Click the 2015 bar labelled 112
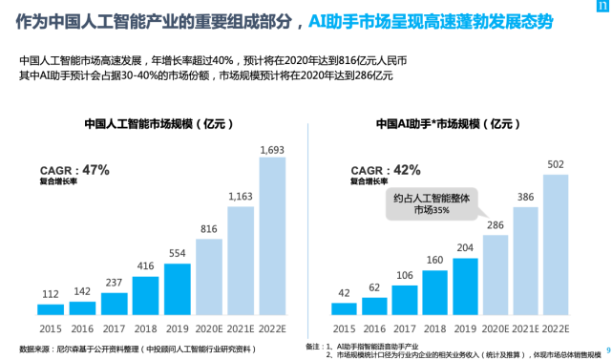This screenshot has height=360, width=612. coord(52,309)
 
